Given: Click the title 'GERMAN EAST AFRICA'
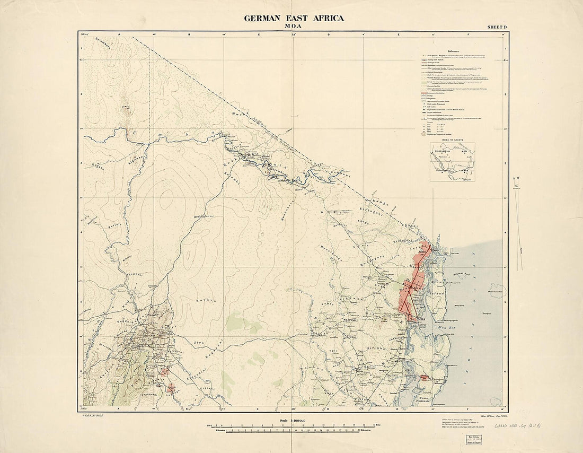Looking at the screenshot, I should click(294, 18).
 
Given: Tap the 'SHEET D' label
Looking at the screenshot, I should click(497, 27).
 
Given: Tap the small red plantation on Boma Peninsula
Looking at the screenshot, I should click(425, 378).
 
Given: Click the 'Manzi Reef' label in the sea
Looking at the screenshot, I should click(460, 306).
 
